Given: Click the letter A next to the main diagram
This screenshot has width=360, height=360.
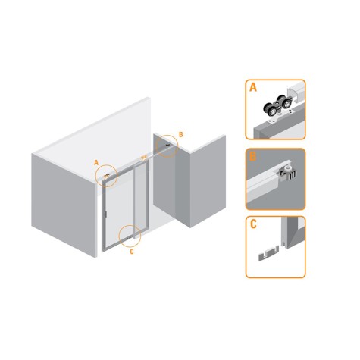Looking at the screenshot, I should click(x=95, y=161).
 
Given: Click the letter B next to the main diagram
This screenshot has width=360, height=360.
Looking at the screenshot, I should click(x=180, y=134).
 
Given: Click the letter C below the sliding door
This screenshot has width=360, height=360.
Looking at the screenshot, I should click(x=131, y=249).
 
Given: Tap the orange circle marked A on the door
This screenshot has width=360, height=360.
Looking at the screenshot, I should click(x=108, y=176).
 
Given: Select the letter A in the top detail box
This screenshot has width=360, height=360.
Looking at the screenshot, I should click(x=253, y=88).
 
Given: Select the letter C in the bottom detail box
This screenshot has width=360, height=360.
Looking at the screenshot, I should click(x=253, y=224).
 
